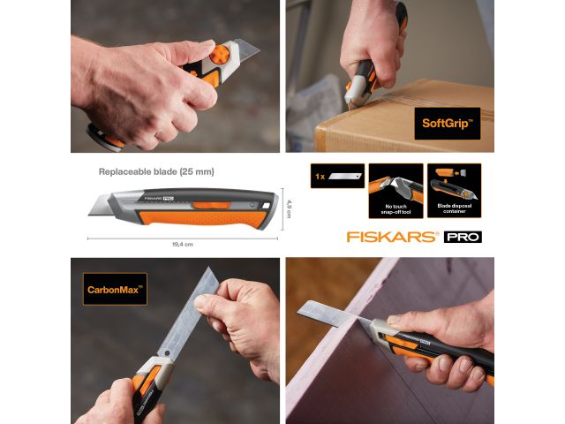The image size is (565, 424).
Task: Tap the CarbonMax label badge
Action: click(x=115, y=288)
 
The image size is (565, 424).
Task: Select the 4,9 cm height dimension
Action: click(x=288, y=208)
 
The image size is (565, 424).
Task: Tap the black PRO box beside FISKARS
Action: click(x=463, y=237)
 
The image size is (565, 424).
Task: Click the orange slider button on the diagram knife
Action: click(x=211, y=205)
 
